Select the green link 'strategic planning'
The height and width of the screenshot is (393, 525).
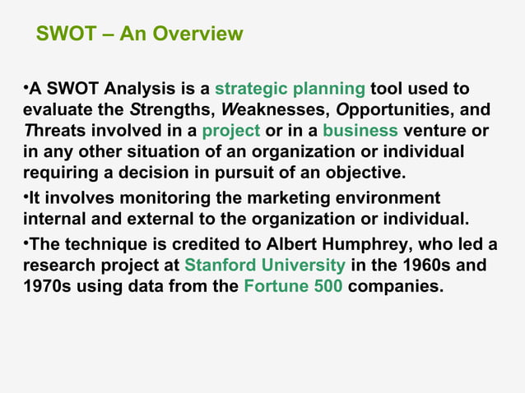tap(290, 88)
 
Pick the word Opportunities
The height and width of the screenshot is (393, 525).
tap(391, 109)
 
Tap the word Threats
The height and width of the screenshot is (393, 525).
tap(53, 131)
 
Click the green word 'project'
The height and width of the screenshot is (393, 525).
tap(231, 131)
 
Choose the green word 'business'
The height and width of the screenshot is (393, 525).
tap(360, 131)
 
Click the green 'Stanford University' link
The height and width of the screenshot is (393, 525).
tap(265, 266)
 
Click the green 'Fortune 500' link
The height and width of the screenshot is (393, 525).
tap(294, 288)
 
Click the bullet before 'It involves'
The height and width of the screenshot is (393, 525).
tap(26, 197)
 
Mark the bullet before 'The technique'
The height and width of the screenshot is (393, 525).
tap(26, 243)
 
